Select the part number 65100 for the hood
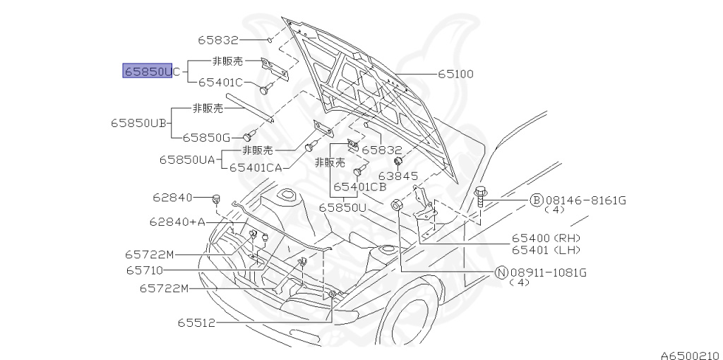pos(455,73)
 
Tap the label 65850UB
pos(138,122)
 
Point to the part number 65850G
pos(206,137)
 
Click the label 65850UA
pos(186,160)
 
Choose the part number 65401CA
pos(255,167)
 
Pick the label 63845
pos(398,176)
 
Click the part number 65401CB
pos(359,187)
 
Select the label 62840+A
pos(177,222)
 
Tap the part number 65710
pos(145,270)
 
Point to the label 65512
pos(196,323)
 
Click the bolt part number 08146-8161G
pos(585,200)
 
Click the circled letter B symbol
pos(537,200)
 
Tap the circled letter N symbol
pos(501,272)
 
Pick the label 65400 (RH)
pos(546,239)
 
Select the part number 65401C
pos(220,83)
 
